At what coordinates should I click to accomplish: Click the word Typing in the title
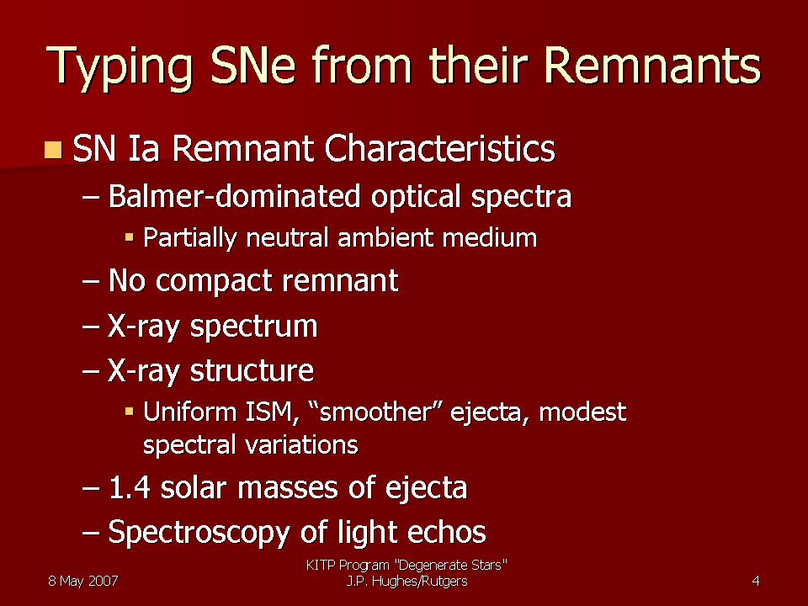119,68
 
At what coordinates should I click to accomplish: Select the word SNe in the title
252,65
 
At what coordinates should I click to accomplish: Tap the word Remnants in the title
651,65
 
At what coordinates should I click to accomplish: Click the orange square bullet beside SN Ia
53,150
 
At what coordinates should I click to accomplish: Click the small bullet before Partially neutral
130,237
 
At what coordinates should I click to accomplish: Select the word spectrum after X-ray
253,327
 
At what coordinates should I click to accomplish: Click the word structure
252,370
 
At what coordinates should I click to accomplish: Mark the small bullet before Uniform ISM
130,412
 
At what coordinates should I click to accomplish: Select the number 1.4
130,487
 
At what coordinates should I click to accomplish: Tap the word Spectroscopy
199,533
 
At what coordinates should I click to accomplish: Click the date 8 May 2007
83,582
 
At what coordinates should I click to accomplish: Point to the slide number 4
756,582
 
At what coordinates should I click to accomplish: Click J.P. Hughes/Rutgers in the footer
407,582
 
